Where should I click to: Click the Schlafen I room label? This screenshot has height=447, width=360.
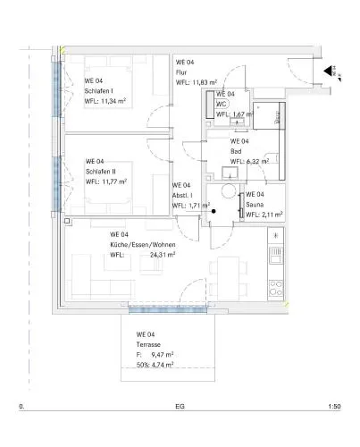pyautogui.click(x=98, y=91)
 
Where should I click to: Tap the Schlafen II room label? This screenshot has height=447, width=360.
pyautogui.click(x=100, y=172)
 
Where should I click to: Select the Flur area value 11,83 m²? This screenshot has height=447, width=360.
pyautogui.click(x=205, y=82)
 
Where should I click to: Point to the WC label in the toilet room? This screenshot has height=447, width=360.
pyautogui.click(x=222, y=104)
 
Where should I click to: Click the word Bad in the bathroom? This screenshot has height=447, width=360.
pyautogui.click(x=236, y=151)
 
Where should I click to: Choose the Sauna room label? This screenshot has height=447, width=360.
pyautogui.click(x=255, y=205)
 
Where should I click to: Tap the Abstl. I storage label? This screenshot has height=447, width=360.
pyautogui.click(x=182, y=196)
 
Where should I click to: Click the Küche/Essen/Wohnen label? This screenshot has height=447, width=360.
pyautogui.click(x=143, y=245)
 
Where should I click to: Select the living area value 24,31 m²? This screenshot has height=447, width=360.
pyautogui.click(x=163, y=255)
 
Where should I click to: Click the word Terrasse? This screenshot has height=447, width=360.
pyautogui.click(x=148, y=344)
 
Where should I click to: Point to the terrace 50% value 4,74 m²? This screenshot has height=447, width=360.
pyautogui.click(x=163, y=365)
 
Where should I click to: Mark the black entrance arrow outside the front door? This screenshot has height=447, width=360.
pyautogui.click(x=328, y=71)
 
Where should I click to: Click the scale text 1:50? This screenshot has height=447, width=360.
pyautogui.click(x=334, y=407)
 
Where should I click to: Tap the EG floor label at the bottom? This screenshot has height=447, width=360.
pyautogui.click(x=180, y=407)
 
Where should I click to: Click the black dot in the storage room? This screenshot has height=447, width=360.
pyautogui.click(x=213, y=211)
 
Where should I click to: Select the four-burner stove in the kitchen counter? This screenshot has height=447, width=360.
pyautogui.click(x=276, y=288)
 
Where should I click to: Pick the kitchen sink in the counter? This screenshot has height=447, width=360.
pyautogui.click(x=275, y=256)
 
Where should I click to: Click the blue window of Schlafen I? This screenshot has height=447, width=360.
pyautogui.click(x=57, y=89)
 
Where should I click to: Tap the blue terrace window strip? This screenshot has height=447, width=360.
pyautogui.click(x=168, y=310)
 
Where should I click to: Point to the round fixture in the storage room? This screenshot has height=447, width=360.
pyautogui.click(x=229, y=191)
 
